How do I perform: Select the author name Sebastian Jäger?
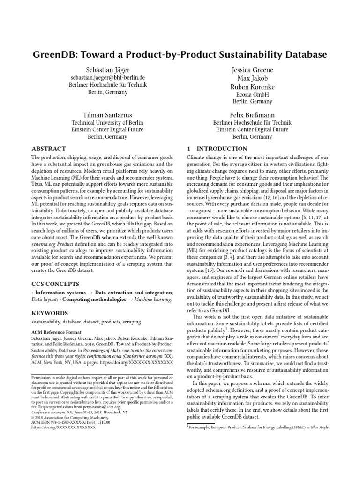(x=107, y=70)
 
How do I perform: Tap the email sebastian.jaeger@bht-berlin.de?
(x=107, y=78)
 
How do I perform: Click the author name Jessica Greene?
(x=253, y=70)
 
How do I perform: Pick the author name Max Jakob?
(x=253, y=78)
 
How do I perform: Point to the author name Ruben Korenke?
(x=253, y=87)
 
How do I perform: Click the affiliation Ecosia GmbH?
(x=253, y=94)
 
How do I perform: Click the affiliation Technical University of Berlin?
(x=107, y=122)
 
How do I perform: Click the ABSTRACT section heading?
(x=49, y=149)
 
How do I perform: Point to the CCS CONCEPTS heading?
(x=55, y=284)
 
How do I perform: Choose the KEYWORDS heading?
(x=49, y=313)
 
